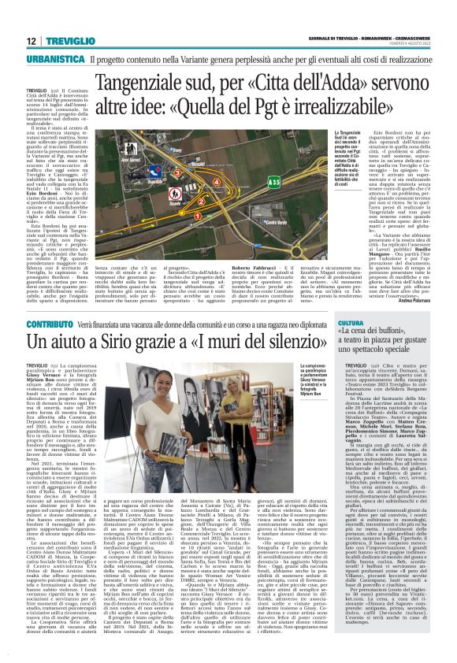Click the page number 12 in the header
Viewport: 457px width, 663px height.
30,42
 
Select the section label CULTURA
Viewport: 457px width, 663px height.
351,324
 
